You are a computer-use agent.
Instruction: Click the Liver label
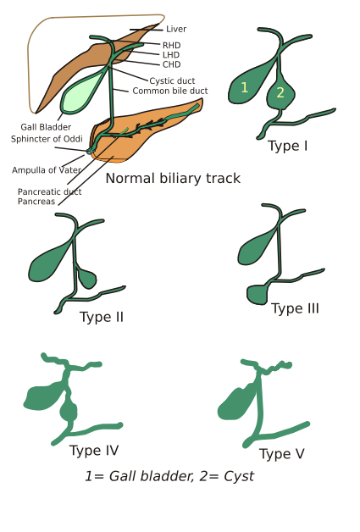pos(176,29)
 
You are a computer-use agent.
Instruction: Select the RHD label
pos(172,46)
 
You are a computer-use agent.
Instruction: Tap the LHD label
pos(171,55)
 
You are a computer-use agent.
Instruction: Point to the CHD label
pos(172,64)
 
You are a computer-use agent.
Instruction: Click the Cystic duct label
pos(172,81)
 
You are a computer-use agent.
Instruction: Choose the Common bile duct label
pos(170,91)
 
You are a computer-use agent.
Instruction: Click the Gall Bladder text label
pos(46,127)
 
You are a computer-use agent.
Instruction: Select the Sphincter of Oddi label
pos(47,139)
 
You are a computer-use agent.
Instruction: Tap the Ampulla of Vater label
pos(47,170)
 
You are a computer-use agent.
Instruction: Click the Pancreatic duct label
pos(49,192)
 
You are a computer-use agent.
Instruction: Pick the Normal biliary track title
pos(173,179)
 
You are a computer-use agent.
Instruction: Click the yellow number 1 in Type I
pos(244,87)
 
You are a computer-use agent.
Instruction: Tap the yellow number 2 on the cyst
pos(280,92)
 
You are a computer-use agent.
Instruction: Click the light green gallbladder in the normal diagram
pos(80,92)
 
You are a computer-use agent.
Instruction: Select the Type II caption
pos(102,317)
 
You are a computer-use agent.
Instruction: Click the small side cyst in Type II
pos(86,278)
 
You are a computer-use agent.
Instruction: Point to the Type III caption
pos(295,308)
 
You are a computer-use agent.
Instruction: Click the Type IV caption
pos(94,451)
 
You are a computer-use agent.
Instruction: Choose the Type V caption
pos(282,454)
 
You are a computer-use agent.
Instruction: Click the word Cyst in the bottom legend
pos(239,477)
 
